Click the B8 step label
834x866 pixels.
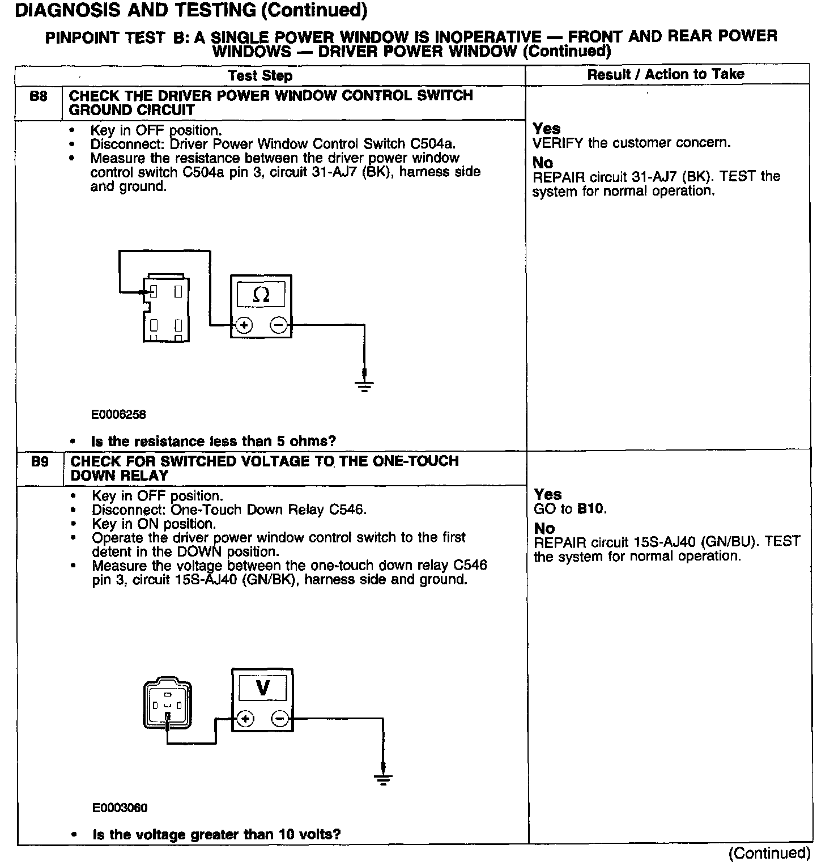tap(38, 96)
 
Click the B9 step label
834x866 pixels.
tap(40, 462)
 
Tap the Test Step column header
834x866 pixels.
tap(260, 76)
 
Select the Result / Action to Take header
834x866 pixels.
tap(666, 74)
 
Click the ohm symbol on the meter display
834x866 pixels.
tap(261, 295)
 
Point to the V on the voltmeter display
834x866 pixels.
tap(263, 688)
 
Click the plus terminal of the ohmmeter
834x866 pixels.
tap(244, 325)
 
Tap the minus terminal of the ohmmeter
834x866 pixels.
tap(279, 325)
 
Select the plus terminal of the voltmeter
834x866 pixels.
tap(245, 719)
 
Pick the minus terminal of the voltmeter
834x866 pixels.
tap(280, 719)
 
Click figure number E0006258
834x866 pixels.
tap(118, 414)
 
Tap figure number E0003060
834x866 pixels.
tap(120, 808)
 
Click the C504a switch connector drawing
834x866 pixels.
tap(165, 309)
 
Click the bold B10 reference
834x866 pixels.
tap(591, 509)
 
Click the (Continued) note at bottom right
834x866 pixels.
tap(769, 853)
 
